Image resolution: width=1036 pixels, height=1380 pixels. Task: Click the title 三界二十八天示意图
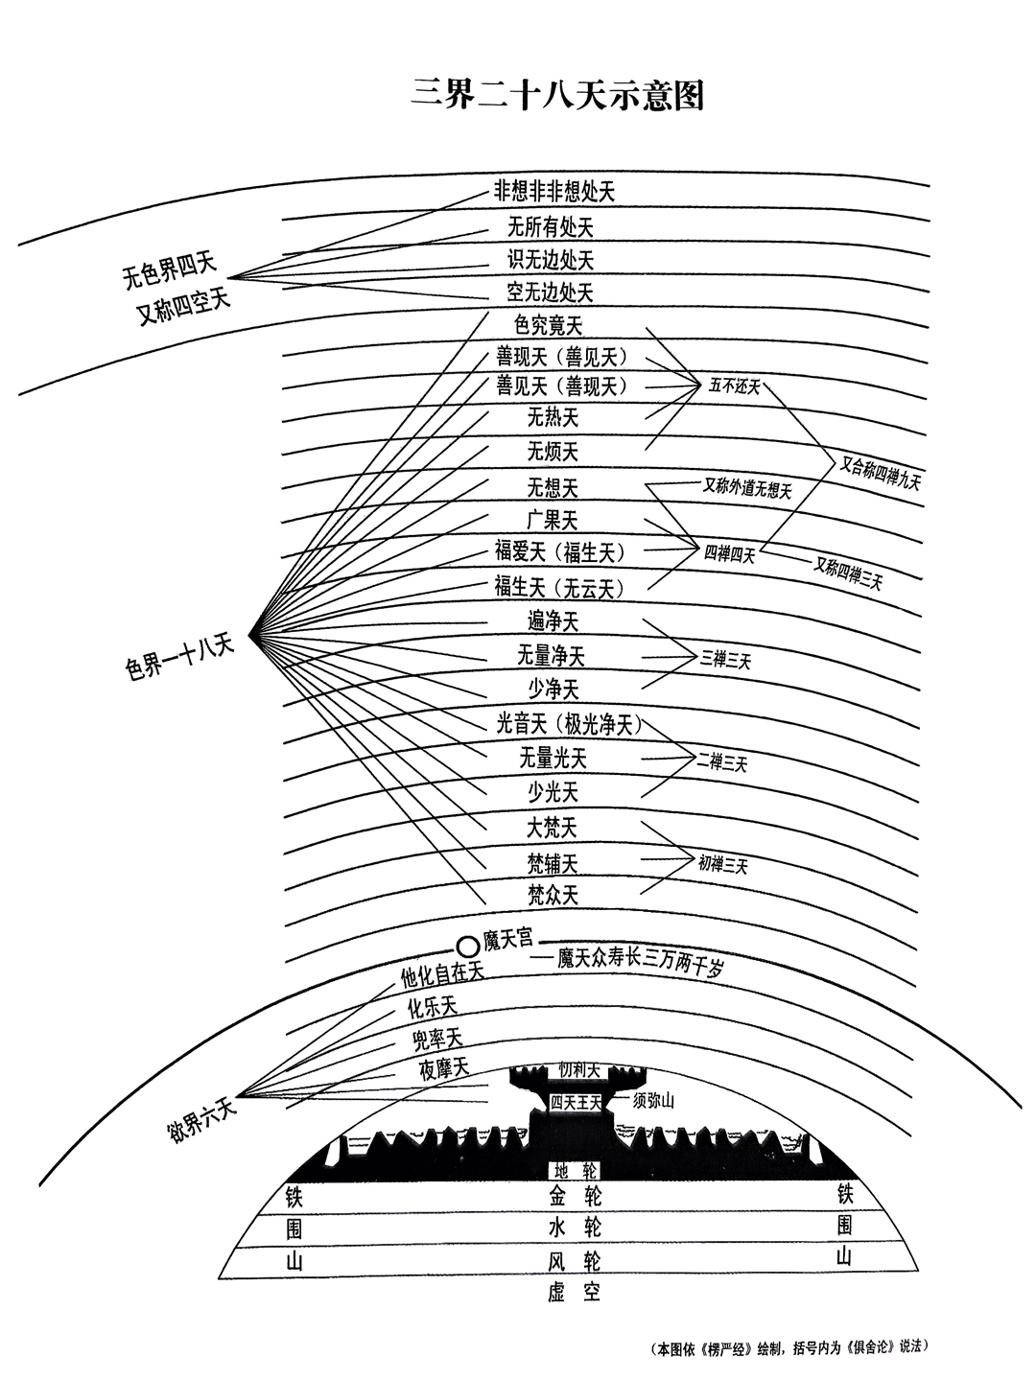coord(557,96)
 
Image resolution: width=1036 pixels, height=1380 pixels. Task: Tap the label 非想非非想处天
coord(553,191)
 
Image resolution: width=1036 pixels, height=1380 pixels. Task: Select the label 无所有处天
coord(551,227)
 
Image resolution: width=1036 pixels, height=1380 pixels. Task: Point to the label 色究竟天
coord(549,326)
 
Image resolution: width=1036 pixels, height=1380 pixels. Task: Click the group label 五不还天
coord(735,386)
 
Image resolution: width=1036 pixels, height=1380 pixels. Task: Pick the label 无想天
coord(553,487)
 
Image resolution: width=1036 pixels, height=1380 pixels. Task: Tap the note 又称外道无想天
coord(748,489)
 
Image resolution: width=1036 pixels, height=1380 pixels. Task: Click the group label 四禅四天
coord(730,553)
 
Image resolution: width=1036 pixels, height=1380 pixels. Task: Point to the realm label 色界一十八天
coord(180,656)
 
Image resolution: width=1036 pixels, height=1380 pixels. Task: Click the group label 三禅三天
coord(725,659)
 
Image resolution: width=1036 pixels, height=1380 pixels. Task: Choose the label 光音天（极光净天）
coord(569,725)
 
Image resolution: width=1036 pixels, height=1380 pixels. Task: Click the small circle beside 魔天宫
coord(467,947)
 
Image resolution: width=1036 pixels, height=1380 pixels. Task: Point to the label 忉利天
coord(579,1069)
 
